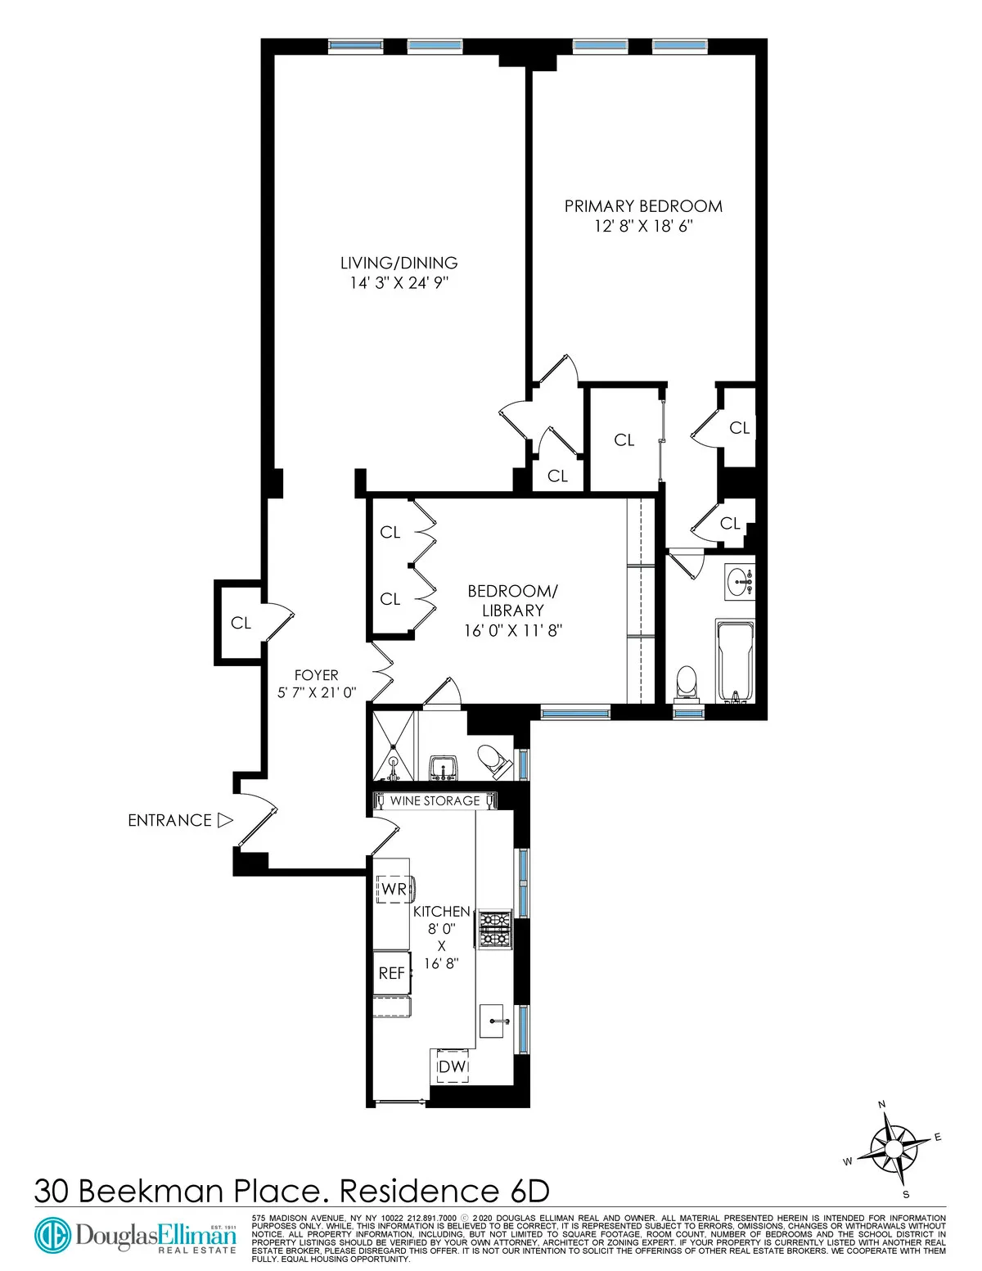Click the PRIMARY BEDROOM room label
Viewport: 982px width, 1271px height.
click(x=643, y=206)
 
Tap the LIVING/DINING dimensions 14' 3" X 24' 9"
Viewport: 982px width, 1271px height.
click(x=399, y=283)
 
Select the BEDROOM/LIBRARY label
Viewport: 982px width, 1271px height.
click(x=513, y=601)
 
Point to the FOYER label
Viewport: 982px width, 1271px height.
click(x=316, y=675)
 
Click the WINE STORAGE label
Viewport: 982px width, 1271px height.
click(x=435, y=800)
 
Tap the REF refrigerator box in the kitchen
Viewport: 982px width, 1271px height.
click(x=392, y=973)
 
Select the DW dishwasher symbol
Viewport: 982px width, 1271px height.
click(x=452, y=1066)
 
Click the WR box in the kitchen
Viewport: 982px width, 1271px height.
click(x=394, y=889)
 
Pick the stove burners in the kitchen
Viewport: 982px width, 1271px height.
click(x=494, y=929)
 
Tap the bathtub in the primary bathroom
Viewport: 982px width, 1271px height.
click(x=734, y=660)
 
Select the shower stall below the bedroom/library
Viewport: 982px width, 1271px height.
click(x=393, y=746)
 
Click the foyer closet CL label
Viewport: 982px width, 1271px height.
click(x=241, y=623)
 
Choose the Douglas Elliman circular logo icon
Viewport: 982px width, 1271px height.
click(x=52, y=1235)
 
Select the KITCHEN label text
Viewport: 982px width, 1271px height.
click(x=441, y=911)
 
